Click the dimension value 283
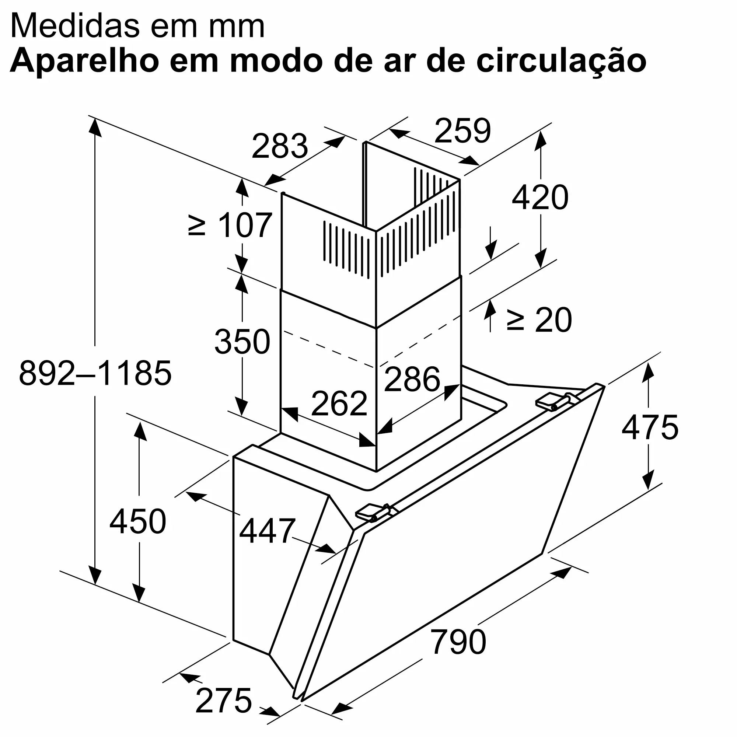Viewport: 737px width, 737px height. click(x=280, y=146)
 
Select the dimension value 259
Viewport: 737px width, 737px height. click(x=462, y=131)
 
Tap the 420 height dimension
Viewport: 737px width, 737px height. click(x=540, y=198)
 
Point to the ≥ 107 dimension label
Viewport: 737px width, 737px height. click(x=230, y=226)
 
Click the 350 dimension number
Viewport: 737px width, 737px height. click(x=242, y=342)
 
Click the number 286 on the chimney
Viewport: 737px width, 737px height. click(x=412, y=379)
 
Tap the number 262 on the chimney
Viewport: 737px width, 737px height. click(x=339, y=404)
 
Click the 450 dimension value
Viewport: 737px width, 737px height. click(x=138, y=521)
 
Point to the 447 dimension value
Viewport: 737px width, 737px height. click(x=267, y=531)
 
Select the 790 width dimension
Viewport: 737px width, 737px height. click(x=458, y=642)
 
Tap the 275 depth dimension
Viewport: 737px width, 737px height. click(x=224, y=701)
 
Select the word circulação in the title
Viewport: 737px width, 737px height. click(x=561, y=61)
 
